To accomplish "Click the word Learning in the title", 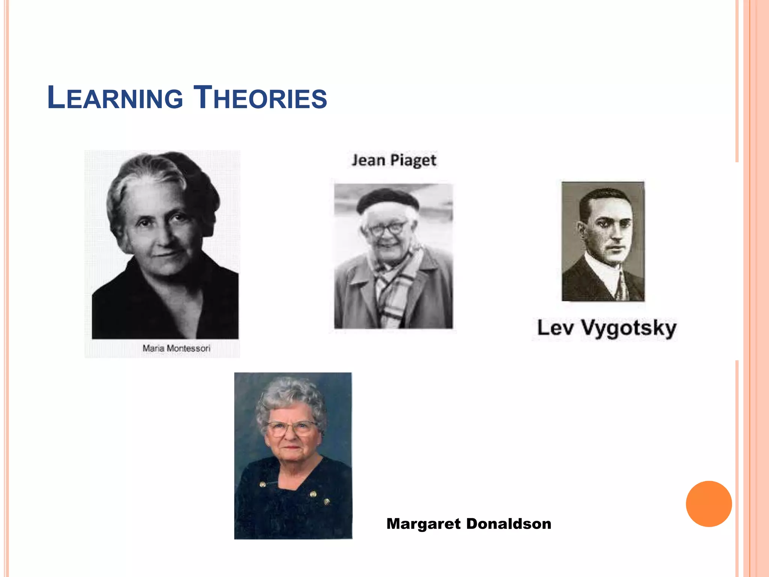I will click(x=115, y=98).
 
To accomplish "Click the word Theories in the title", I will click(x=260, y=98).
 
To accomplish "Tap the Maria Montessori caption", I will click(x=176, y=348).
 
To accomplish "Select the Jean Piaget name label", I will click(x=394, y=160).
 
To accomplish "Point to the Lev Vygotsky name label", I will click(x=606, y=328).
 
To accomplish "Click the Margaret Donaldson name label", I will click(x=469, y=524).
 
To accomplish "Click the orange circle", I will click(x=709, y=504).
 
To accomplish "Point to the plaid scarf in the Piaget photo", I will click(x=394, y=289).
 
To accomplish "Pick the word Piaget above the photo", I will click(x=413, y=161).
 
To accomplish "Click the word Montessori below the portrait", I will click(x=188, y=348).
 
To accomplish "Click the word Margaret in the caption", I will click(x=423, y=524).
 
